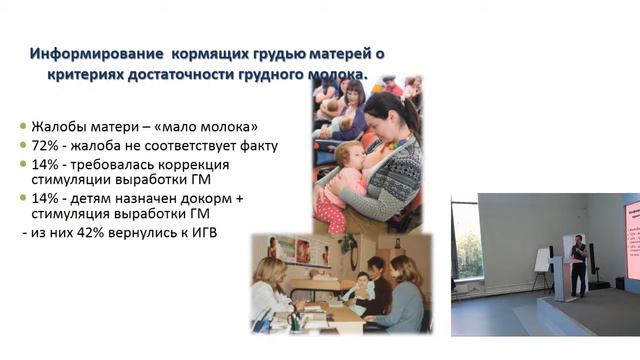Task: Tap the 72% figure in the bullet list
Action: coord(46,145)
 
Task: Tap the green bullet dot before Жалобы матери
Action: coord(23,128)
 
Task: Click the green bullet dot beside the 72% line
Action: coord(23,146)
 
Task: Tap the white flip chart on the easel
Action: coord(542,260)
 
